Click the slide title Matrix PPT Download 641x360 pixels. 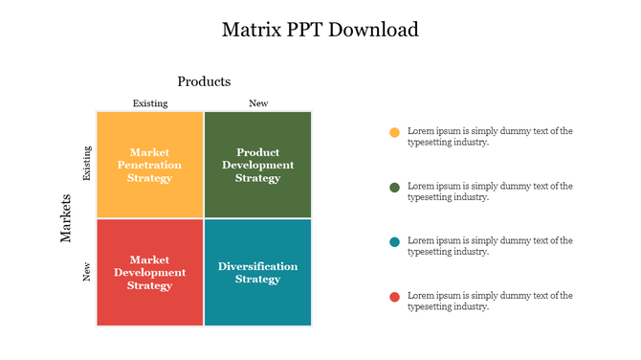coord(320,29)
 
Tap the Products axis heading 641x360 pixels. coord(204,81)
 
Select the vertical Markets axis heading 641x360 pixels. coord(67,219)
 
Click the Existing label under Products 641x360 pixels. coord(149,103)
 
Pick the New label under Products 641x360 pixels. coord(258,103)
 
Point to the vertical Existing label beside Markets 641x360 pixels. coord(87,164)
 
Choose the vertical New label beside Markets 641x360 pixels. coord(87,272)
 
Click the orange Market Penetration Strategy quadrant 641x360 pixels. coord(150,165)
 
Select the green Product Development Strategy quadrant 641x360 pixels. coord(258,165)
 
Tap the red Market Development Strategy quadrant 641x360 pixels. coord(150,272)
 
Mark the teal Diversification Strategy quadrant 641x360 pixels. coord(258,272)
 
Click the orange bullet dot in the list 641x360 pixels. coord(394,132)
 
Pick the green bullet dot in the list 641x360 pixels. coord(394,187)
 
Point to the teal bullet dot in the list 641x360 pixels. coord(394,241)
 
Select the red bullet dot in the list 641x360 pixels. coord(394,297)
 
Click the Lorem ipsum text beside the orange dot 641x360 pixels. coord(490,136)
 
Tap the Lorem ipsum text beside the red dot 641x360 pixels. coord(490,301)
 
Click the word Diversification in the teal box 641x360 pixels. coord(257,266)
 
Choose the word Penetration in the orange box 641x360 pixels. coord(150,165)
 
